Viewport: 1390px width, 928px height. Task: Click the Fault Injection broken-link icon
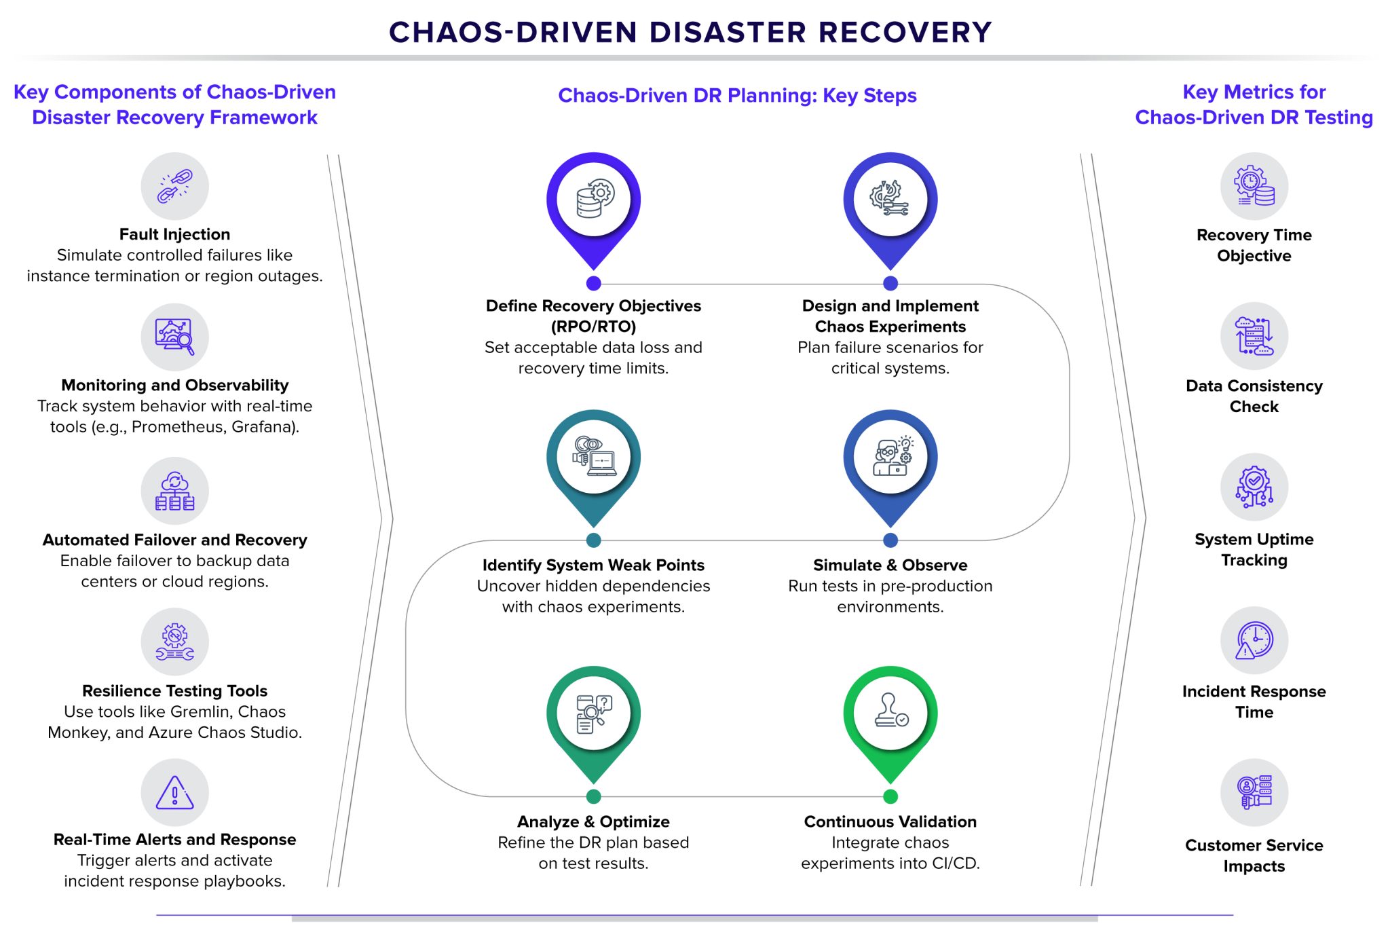tap(174, 186)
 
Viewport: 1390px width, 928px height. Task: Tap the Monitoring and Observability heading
tap(174, 385)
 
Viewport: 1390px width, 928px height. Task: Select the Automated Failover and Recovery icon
tap(174, 491)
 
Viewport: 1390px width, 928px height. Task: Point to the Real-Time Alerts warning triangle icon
tap(174, 792)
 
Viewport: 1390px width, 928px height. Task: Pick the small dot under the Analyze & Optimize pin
tap(593, 796)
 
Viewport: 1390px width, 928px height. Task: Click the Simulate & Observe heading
tap(890, 565)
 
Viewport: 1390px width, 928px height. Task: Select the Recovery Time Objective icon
tap(1254, 186)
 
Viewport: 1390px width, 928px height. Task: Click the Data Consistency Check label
tap(1254, 396)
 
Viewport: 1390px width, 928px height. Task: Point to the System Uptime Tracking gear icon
tap(1254, 487)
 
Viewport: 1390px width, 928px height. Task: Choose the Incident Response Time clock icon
tap(1254, 640)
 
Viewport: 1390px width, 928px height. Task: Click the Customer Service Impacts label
tap(1254, 855)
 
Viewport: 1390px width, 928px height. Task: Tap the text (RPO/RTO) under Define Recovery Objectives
tap(593, 327)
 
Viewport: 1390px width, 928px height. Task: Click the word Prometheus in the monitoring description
tap(177, 427)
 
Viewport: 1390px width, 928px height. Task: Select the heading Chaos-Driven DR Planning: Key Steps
tap(737, 96)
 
